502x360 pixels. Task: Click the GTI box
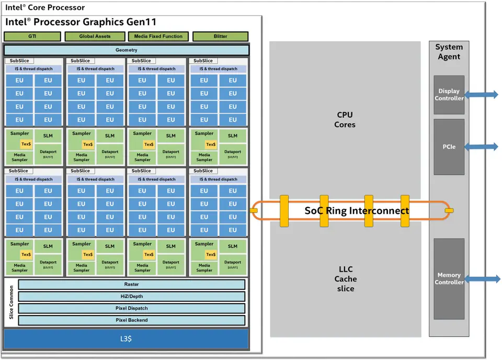pyautogui.click(x=32, y=37)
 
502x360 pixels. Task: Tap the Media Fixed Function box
pyautogui.click(x=157, y=37)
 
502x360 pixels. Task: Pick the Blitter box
pyautogui.click(x=220, y=37)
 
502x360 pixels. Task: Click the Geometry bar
pyautogui.click(x=126, y=50)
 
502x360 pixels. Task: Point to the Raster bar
pyautogui.click(x=132, y=285)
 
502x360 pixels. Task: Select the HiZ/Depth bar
pyautogui.click(x=132, y=296)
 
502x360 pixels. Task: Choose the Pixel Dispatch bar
pyautogui.click(x=132, y=308)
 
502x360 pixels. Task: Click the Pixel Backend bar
pyautogui.click(x=132, y=320)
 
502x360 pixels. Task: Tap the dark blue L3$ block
pyautogui.click(x=126, y=339)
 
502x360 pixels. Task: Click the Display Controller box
pyautogui.click(x=449, y=95)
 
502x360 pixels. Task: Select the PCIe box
pyautogui.click(x=449, y=147)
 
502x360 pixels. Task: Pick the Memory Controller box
pyautogui.click(x=449, y=278)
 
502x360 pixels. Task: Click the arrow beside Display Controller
pyautogui.click(x=482, y=95)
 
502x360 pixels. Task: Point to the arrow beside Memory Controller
pyautogui.click(x=482, y=279)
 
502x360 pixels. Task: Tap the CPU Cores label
pyautogui.click(x=345, y=120)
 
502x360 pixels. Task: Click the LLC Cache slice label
pyautogui.click(x=345, y=279)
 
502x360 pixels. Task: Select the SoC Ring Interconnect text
pyautogui.click(x=357, y=211)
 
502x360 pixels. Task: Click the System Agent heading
pyautogui.click(x=449, y=52)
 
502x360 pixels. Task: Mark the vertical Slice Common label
pyautogui.click(x=11, y=303)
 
